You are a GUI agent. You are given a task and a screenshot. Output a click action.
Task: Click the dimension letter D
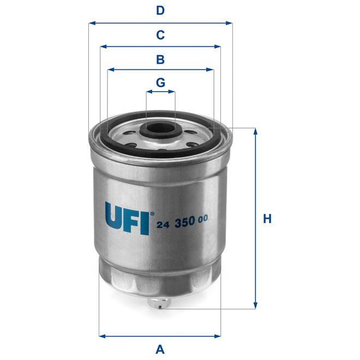coord(160,10)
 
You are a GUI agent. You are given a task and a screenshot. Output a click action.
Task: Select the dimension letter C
coord(160,35)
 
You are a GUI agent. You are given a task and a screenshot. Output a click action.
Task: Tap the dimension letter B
coord(160,59)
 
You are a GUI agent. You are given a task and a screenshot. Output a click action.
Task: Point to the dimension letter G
coord(160,82)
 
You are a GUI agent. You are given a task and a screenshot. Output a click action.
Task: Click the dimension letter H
coord(267,219)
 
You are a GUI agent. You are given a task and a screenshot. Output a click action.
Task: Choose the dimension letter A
coord(160,349)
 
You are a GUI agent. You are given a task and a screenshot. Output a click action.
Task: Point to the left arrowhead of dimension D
coord(91,23)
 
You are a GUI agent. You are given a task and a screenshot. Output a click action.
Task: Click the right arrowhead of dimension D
coord(230,23)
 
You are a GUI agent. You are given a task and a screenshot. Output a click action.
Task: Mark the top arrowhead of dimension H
coord(255,131)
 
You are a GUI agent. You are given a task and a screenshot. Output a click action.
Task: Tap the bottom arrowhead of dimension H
coord(255,305)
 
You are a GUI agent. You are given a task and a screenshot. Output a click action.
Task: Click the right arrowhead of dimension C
coord(218,47)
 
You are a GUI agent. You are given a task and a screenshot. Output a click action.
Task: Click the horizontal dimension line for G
coord(160,93)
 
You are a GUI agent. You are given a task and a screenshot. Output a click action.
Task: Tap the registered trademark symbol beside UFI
coord(152,213)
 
